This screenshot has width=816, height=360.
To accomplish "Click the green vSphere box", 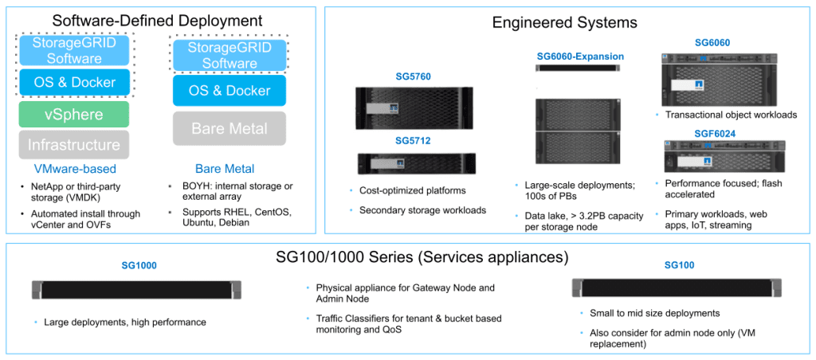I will (73, 115).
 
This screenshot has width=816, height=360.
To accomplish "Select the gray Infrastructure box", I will (73, 145).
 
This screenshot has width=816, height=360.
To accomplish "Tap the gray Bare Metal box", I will (229, 129).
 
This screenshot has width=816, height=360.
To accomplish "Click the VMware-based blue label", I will (74, 169).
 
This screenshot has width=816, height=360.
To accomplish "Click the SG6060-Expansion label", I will (579, 57).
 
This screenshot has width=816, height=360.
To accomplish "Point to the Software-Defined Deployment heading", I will (157, 21).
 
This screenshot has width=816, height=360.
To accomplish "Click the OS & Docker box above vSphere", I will (73, 82).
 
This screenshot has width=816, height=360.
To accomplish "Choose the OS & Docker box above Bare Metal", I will (229, 91).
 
